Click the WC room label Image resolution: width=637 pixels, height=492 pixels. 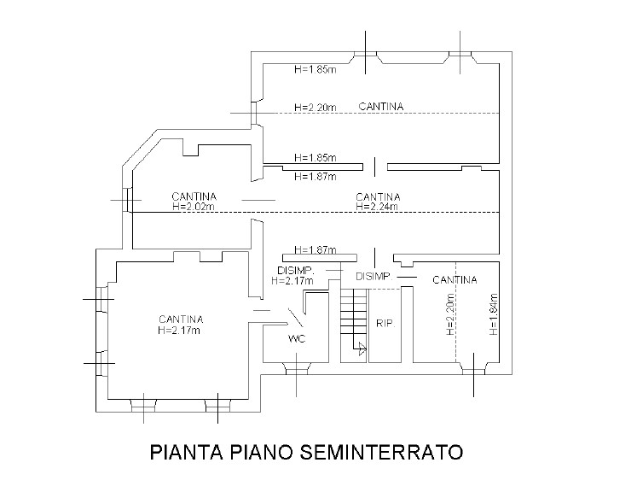pos(297,338)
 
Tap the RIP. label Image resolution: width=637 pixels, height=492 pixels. pos(383,324)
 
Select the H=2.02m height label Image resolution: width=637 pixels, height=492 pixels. pos(192,206)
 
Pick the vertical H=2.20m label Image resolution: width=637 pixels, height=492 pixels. pos(449,314)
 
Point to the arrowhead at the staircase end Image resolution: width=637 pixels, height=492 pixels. pos(362,348)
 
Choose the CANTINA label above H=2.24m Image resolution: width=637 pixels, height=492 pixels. pos(379,196)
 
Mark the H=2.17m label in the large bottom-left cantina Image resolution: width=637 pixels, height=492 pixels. pos(180,330)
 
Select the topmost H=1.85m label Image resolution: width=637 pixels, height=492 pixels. pos(315,69)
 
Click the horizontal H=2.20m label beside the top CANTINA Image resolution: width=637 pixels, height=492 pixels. pos(315,108)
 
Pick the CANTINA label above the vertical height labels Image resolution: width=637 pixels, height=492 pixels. pos(454,279)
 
